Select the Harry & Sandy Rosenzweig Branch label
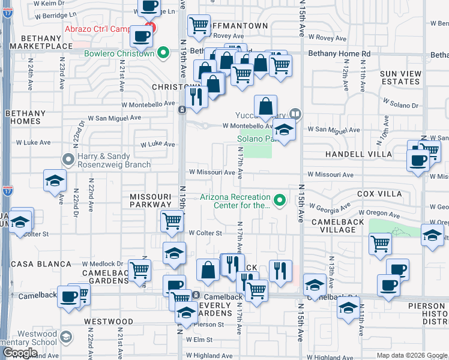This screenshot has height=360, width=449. click(x=101, y=161)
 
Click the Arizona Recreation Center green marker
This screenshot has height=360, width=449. click(x=279, y=200)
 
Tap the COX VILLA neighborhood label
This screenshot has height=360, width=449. click(x=379, y=194)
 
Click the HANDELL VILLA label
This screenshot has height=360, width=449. click(x=358, y=154)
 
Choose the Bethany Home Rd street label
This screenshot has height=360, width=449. click(x=339, y=54)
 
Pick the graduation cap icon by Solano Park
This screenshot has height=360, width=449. click(x=284, y=129)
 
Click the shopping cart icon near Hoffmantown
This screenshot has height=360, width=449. click(x=199, y=25)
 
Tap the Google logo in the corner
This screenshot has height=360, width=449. click(x=20, y=352)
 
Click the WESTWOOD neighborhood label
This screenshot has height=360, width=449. click(x=109, y=322)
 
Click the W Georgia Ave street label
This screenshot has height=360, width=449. click(x=330, y=207)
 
